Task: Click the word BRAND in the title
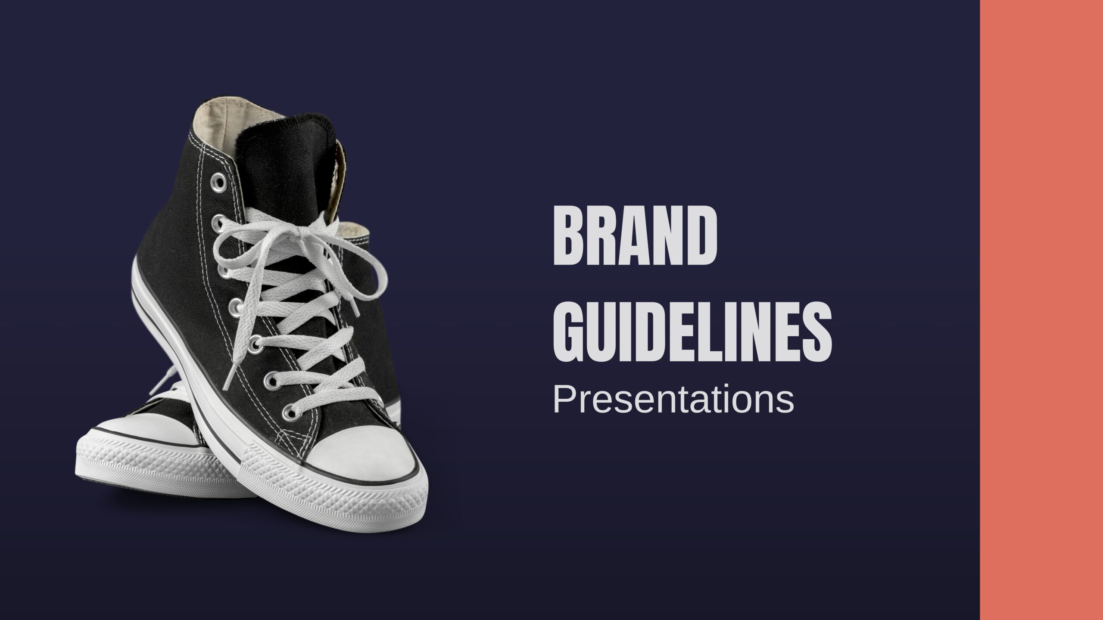point(635,237)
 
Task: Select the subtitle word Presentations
point(673,400)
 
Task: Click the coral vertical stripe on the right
point(1041,310)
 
